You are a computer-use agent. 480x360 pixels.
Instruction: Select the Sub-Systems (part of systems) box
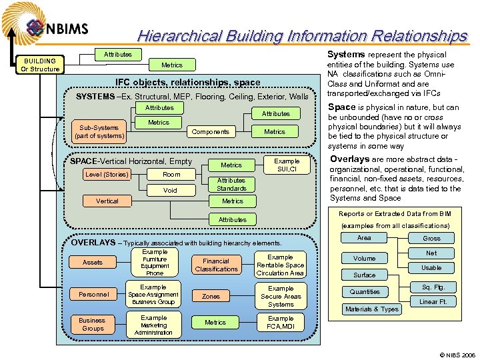coord(100,131)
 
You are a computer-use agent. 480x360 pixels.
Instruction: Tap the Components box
coord(210,131)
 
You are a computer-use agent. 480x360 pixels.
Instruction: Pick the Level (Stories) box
coord(107,175)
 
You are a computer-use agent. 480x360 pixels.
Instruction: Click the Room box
coord(171,175)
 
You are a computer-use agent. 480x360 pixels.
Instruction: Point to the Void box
coord(171,190)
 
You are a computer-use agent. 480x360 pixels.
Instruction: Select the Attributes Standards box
coord(231,184)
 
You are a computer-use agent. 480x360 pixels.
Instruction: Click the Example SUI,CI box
coord(287,165)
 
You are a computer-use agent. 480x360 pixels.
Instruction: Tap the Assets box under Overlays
coord(93,262)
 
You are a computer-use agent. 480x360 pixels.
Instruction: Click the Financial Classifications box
coord(216,265)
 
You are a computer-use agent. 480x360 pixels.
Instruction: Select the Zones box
coord(211,296)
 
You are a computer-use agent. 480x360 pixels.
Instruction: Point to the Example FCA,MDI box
coord(281,323)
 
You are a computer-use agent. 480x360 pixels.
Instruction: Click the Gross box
coord(431,238)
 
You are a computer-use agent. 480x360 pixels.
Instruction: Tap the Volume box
coord(365,258)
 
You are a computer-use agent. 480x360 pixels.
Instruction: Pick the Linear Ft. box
coord(432,302)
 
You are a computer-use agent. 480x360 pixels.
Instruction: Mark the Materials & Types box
coord(372,309)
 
